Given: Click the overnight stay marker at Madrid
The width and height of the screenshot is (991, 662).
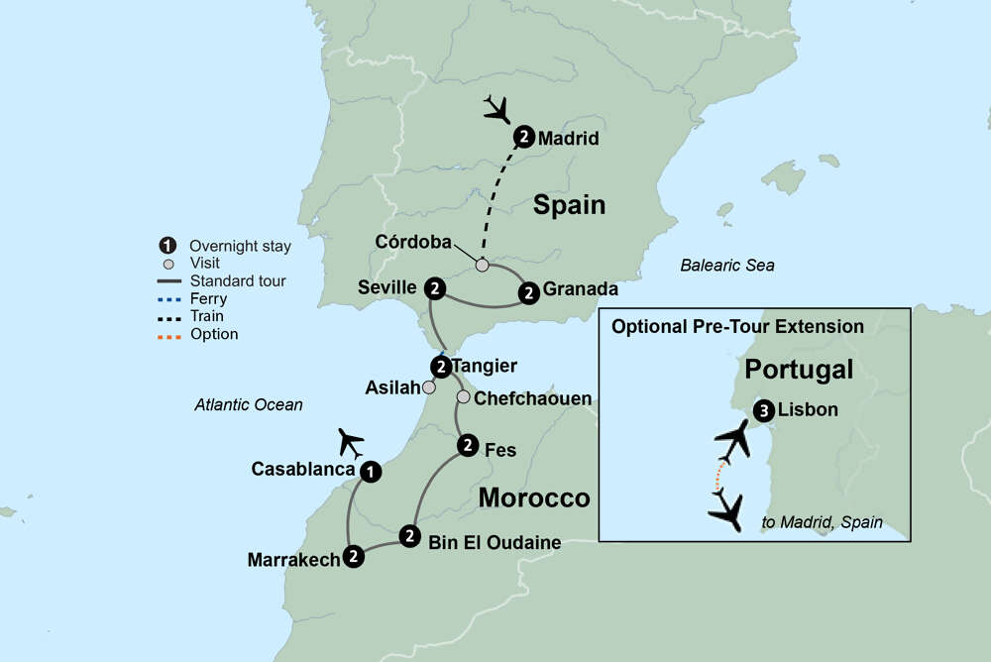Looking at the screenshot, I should coord(524,138).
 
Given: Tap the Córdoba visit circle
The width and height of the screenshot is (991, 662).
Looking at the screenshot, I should coord(482,265).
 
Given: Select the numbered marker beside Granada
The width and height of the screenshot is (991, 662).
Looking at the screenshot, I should coord(529,291).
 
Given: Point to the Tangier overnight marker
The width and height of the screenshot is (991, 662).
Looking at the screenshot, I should coord(441,366).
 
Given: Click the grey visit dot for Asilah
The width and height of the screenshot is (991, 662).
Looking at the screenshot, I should coord(428,388).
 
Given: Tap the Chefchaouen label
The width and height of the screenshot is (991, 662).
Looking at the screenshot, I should coord(533,398).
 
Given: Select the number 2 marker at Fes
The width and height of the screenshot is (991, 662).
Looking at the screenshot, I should coord(468,447).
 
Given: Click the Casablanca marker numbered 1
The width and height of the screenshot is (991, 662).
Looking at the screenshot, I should coord(370,472).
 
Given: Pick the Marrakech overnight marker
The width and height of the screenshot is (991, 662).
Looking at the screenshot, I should coord(353,558).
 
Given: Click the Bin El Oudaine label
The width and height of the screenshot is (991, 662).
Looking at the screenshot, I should coord(495,542).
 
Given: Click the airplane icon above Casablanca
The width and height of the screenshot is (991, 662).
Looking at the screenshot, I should coord(352,441).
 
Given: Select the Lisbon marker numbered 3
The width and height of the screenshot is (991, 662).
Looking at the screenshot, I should coord(763,410).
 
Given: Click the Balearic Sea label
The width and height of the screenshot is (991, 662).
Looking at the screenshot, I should coord(726,266).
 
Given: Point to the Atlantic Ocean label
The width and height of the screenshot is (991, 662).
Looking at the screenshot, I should coord(249,404).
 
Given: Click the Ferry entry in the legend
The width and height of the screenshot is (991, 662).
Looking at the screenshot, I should coord(208,298).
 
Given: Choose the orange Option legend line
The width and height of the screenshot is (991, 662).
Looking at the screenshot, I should coord(171,334).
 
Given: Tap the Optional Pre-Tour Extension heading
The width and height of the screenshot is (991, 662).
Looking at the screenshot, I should coord(737,326).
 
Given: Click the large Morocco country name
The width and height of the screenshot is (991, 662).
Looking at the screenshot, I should coord(534,497).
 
